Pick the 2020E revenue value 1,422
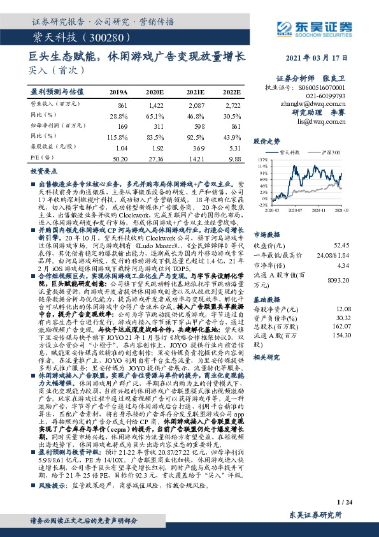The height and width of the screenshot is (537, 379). click(x=155, y=103)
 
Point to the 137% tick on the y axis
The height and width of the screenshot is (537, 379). click(x=262, y=160)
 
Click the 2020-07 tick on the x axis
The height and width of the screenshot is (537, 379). click(x=295, y=209)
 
